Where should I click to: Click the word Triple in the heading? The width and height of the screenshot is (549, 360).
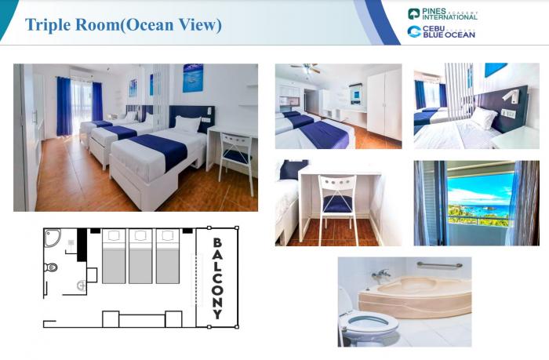pos(48,25)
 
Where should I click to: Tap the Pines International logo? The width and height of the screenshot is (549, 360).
pos(442,14)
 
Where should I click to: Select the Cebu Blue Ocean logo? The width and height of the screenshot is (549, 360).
pos(441,31)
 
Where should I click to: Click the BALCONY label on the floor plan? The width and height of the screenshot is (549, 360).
pos(217,278)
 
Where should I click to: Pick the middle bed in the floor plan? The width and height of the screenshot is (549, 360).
pos(140,256)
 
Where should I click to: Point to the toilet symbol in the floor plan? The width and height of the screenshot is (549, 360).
pos(51,267)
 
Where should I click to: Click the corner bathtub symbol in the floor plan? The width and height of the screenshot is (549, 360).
pos(52,238)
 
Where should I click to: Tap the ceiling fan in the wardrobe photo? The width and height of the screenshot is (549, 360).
pos(306,68)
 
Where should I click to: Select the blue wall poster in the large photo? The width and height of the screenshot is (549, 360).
pos(193,78)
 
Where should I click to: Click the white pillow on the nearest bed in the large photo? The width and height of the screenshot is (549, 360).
pos(187,124)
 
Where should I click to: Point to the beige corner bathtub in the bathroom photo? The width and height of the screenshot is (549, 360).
pos(415,296)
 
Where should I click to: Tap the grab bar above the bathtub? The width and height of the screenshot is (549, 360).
pos(439,265)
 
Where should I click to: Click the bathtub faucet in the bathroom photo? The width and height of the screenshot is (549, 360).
pos(380,275)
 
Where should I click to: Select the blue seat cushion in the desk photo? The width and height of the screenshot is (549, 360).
pos(337,204)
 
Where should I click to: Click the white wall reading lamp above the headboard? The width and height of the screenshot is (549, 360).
pos(511,96)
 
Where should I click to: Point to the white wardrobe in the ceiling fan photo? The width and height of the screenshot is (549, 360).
pos(384,104)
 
